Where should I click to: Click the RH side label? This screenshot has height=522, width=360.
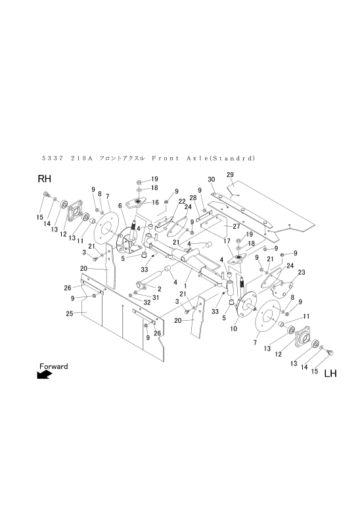pyautogui.click(x=44, y=179)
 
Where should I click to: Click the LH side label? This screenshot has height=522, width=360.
pyautogui.click(x=330, y=374)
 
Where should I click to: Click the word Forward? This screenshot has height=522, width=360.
pyautogui.click(x=53, y=366)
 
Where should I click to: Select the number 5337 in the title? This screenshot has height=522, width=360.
pyautogui.click(x=52, y=158)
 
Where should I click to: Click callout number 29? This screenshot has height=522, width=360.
pyautogui.click(x=230, y=174)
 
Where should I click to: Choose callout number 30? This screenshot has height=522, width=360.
pyautogui.click(x=212, y=179)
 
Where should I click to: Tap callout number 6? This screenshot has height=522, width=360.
pyautogui.click(x=120, y=205)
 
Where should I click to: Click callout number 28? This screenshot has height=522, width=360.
pyautogui.click(x=194, y=197)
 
